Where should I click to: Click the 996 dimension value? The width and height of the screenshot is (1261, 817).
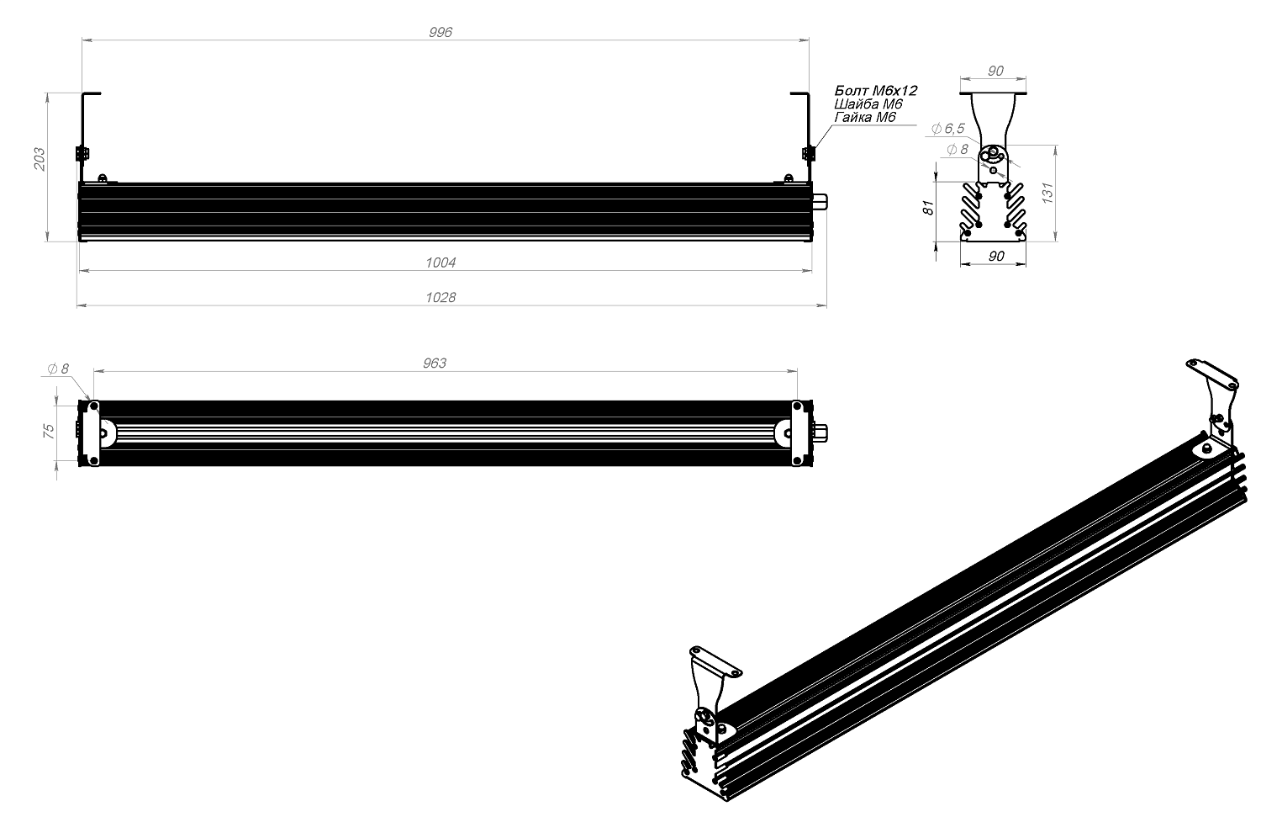pyautogui.click(x=441, y=32)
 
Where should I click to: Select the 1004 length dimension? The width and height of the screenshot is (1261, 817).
pyautogui.click(x=441, y=263)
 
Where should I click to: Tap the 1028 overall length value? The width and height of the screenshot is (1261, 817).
pyautogui.click(x=441, y=297)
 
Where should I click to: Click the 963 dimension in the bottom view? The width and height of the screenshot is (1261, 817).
pyautogui.click(x=434, y=363)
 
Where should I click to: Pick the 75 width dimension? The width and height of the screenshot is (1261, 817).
pyautogui.click(x=49, y=429)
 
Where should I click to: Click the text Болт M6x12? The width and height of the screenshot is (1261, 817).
pyautogui.click(x=875, y=90)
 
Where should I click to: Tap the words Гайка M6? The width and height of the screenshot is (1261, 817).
pyautogui.click(x=865, y=117)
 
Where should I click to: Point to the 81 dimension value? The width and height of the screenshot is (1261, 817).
pyautogui.click(x=928, y=208)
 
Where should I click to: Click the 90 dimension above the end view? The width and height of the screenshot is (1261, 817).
pyautogui.click(x=995, y=72)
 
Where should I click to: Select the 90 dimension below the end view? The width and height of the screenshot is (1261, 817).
pyautogui.click(x=996, y=256)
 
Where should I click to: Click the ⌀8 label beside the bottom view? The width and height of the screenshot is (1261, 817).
pyautogui.click(x=59, y=369)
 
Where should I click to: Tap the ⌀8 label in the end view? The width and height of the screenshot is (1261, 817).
pyautogui.click(x=958, y=150)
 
